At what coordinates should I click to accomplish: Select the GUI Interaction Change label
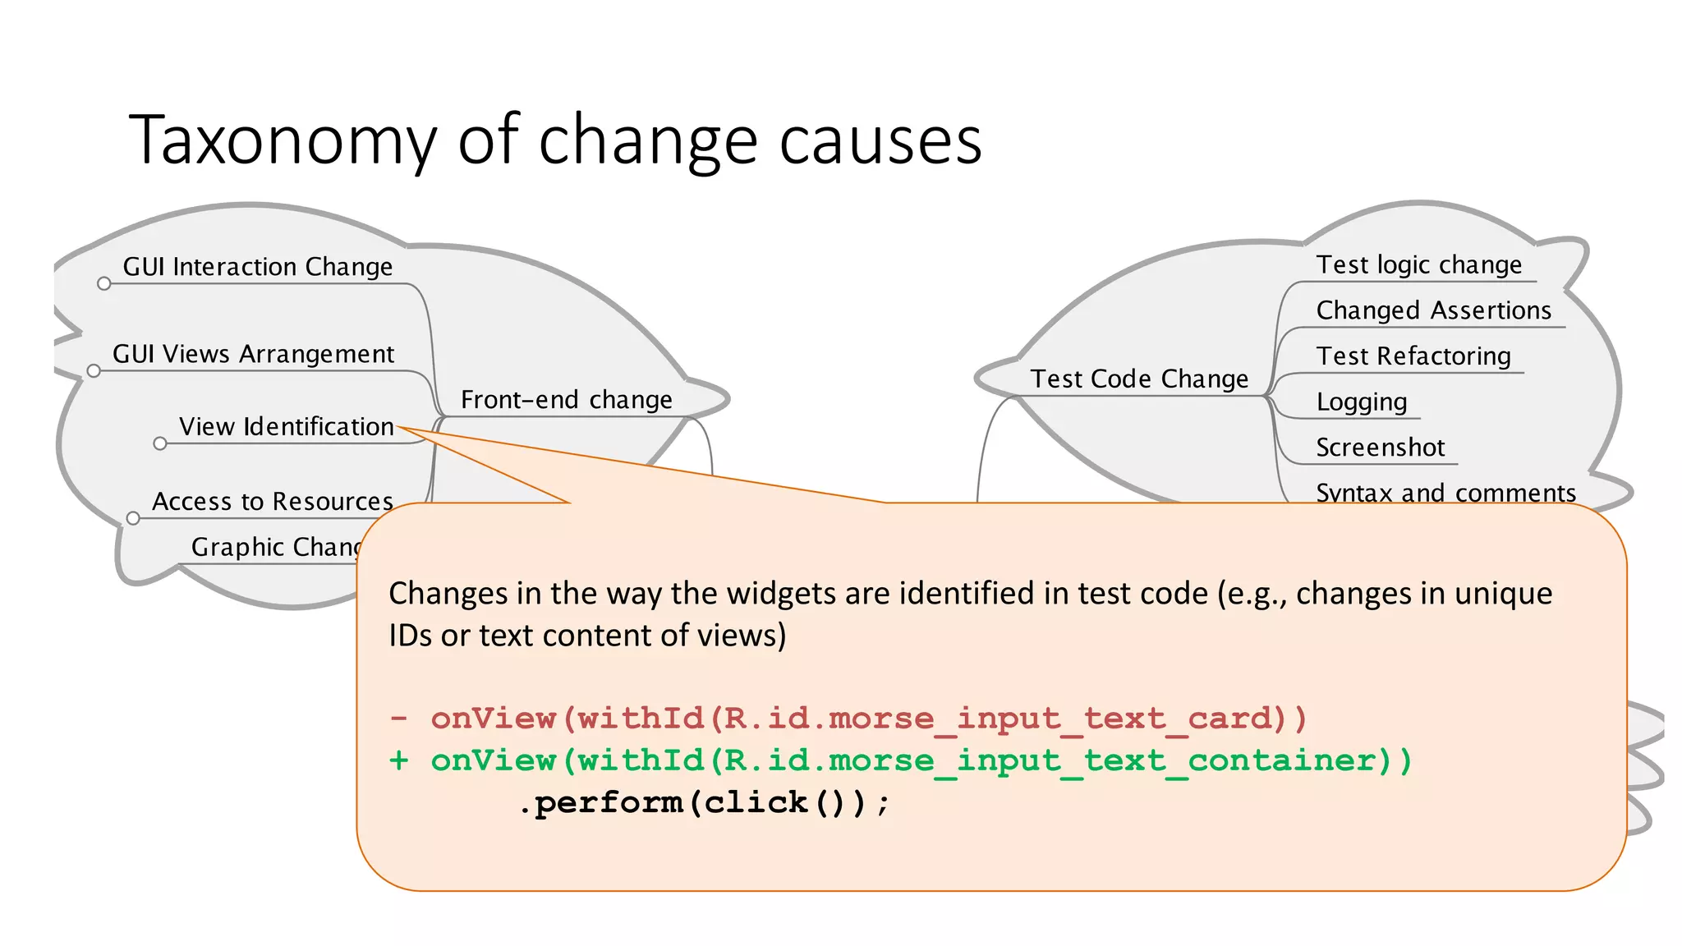(258, 267)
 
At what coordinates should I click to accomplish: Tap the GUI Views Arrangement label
(253, 354)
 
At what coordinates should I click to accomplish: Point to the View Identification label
(286, 427)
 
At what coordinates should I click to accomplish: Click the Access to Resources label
(273, 501)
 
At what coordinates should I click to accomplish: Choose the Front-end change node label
(566, 400)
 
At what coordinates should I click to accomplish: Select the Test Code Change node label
(1139, 379)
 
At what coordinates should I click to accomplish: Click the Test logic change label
(1418, 265)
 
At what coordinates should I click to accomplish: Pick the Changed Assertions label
(1433, 310)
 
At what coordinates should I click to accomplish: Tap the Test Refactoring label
(1413, 356)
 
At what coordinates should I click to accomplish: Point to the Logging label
(1362, 402)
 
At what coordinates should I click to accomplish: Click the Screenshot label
(1380, 448)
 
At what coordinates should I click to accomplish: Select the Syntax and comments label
(1445, 492)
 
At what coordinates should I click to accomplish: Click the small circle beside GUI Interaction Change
(103, 284)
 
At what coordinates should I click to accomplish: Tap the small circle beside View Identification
(160, 444)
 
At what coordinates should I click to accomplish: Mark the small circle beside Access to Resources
(133, 519)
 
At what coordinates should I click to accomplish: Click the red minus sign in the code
(399, 719)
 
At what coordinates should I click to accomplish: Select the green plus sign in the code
(399, 760)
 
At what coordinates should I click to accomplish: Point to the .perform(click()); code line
(704, 802)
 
